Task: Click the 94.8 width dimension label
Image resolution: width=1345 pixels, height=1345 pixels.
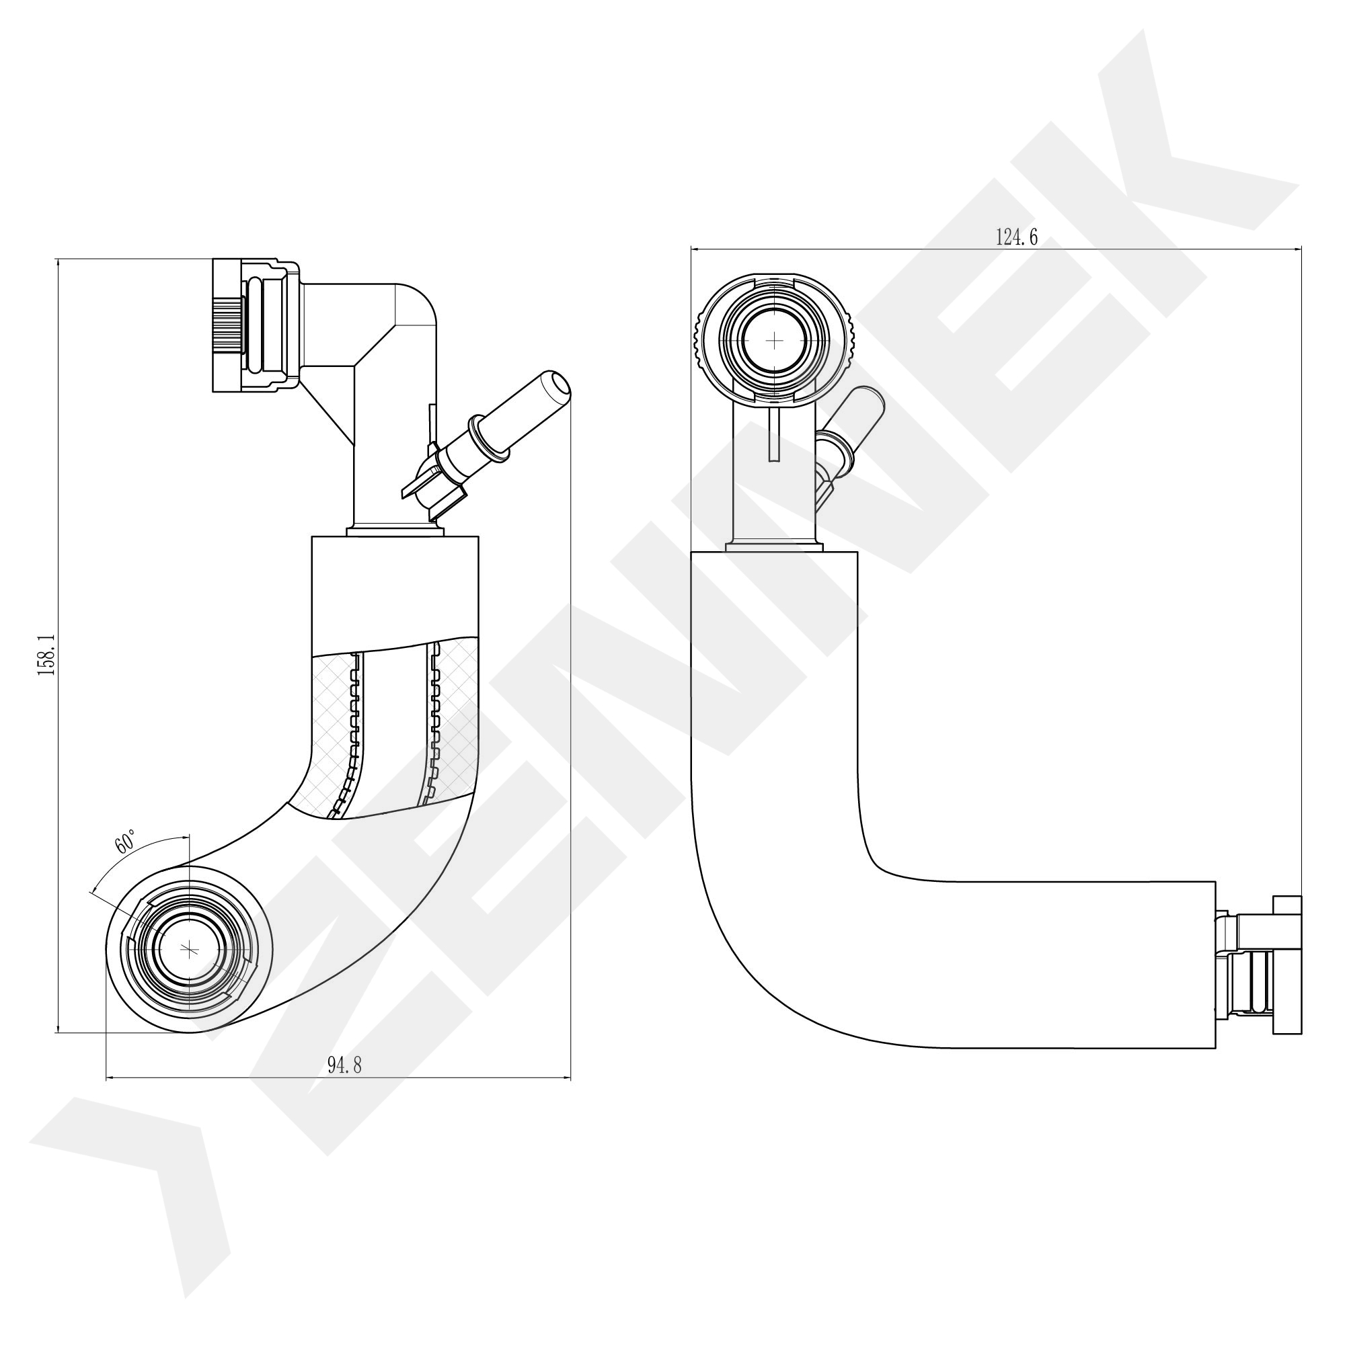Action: (344, 1065)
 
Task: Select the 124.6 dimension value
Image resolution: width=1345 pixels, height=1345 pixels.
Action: (1017, 237)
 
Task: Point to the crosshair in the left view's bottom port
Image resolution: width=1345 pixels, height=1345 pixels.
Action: (189, 948)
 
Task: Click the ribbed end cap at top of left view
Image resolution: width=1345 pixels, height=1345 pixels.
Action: (228, 326)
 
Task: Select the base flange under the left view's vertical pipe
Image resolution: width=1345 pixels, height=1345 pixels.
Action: (393, 532)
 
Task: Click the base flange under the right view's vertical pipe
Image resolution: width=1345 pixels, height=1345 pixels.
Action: (773, 546)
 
